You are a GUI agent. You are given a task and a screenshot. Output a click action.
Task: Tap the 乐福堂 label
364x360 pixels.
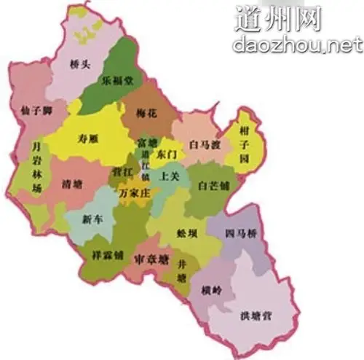pos(117,82)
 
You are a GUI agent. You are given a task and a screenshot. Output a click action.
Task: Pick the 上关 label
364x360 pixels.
pos(170,176)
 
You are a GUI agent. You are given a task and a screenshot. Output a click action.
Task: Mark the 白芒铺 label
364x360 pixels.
pos(213,186)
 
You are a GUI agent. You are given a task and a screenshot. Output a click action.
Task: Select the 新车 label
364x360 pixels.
pos(92,219)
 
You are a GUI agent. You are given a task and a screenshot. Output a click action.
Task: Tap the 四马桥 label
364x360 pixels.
pos(238,234)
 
